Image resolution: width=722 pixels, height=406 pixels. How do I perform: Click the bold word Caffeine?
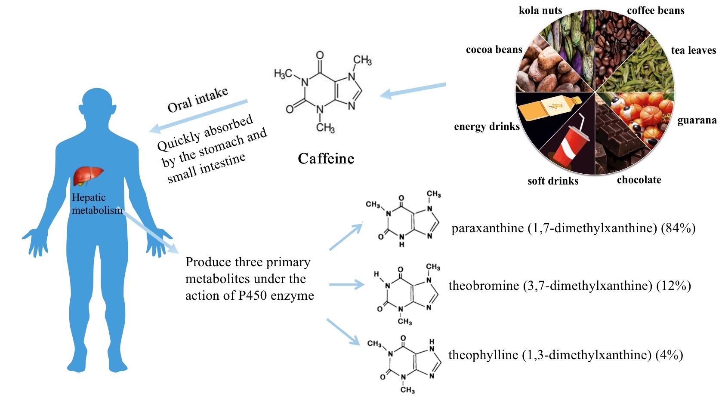coord(326,159)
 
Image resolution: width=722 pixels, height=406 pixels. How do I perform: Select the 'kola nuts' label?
coord(540,10)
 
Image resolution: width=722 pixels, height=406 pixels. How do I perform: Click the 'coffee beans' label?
coord(655,10)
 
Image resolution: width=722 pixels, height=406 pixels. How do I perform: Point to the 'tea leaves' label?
coord(693,50)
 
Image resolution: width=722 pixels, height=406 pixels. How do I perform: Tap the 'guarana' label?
coord(697,120)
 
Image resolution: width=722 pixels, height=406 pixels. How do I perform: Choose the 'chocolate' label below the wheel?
coord(639,180)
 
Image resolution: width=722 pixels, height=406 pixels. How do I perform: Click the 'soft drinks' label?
coord(553,181)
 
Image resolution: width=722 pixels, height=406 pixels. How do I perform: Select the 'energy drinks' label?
coord(487,126)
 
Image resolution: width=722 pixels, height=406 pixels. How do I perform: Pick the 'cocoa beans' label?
coord(494,49)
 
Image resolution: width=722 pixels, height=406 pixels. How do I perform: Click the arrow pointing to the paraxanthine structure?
coord(346,236)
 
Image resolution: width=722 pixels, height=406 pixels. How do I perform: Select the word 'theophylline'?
coord(483,355)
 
